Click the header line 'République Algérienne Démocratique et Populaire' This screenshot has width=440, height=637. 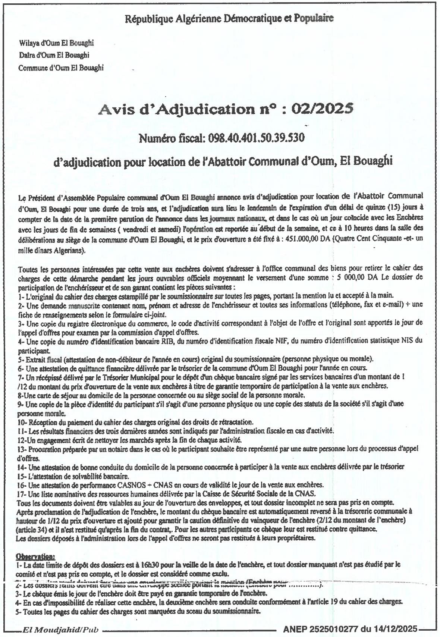pyautogui.click(x=229, y=18)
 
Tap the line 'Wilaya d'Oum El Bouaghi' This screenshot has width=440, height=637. pyautogui.click(x=56, y=43)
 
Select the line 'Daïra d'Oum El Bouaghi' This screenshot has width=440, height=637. pyautogui.click(x=54, y=55)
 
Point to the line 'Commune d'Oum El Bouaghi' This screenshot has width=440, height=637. pyautogui.click(x=61, y=68)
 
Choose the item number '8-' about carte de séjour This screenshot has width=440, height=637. pyautogui.click(x=21, y=395)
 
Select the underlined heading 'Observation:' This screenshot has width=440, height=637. pyautogui.click(x=35, y=556)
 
